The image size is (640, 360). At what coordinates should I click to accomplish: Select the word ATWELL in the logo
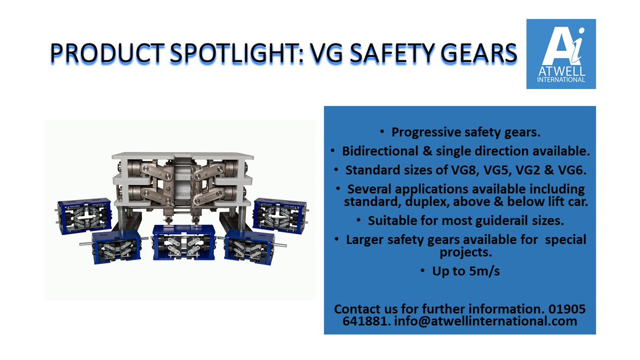561,71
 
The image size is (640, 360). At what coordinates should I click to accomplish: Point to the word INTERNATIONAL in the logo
561,79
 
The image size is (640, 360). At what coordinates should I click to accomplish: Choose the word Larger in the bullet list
367,239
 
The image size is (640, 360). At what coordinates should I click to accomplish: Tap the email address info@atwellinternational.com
485,322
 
